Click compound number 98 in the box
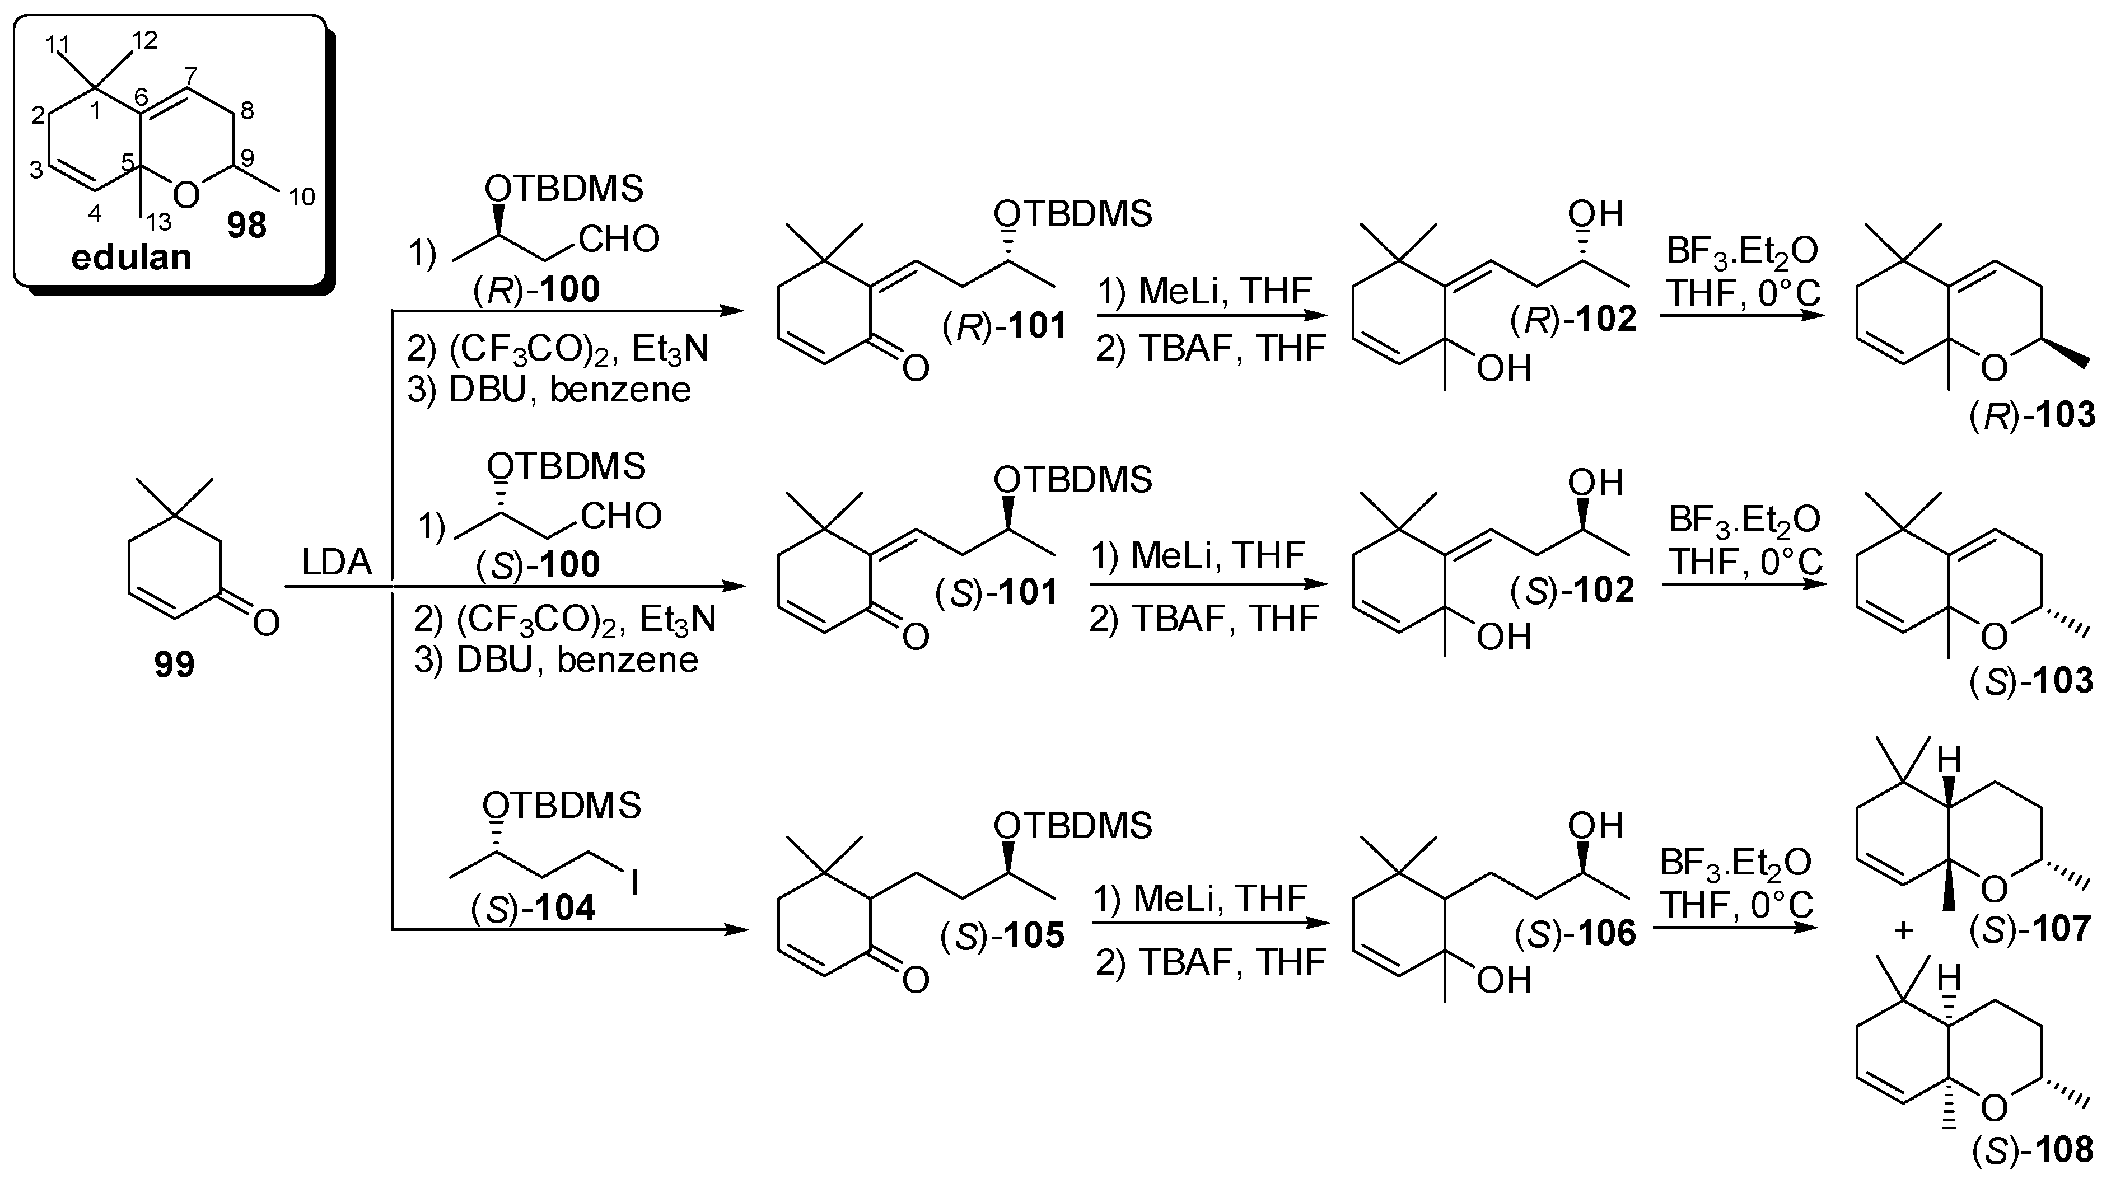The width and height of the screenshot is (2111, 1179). click(x=247, y=225)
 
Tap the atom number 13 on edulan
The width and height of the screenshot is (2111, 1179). click(x=157, y=221)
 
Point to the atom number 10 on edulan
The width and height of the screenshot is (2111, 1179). click(x=302, y=196)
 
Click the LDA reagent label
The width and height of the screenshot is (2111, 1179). click(x=337, y=563)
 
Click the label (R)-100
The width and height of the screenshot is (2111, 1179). click(x=537, y=289)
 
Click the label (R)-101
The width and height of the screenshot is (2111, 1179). click(x=1005, y=326)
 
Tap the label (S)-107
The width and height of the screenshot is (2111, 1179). click(x=2031, y=929)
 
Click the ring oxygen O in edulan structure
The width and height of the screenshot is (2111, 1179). click(x=188, y=195)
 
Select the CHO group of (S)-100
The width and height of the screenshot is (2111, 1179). click(x=621, y=516)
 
